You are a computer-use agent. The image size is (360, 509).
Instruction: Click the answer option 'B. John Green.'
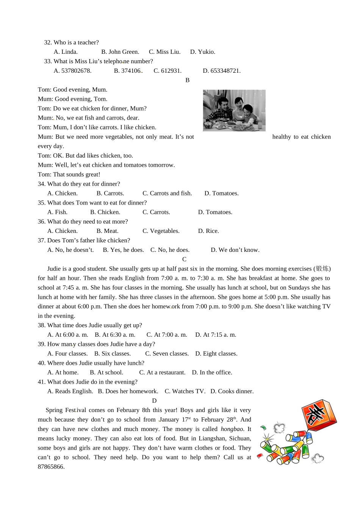point(120,52)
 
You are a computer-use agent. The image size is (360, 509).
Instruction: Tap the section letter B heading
point(187,80)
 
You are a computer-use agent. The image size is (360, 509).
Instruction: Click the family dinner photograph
point(234,110)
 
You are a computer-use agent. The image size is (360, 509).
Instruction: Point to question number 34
point(41,184)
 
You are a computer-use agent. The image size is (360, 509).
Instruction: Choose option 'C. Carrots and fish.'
point(167,194)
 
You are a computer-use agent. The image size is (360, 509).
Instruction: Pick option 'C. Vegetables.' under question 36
point(161,231)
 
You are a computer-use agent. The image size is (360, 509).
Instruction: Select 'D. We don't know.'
point(235,250)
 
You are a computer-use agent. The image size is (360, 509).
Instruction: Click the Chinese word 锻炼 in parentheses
point(322,269)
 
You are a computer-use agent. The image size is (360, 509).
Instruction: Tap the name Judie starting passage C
point(54,269)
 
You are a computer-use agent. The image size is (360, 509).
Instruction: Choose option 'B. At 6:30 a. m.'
point(115,335)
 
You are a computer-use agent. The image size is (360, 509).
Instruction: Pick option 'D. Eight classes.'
point(216,354)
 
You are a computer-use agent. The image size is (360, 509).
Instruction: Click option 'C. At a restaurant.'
point(162,373)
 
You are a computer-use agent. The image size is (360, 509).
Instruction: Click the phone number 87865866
point(51,467)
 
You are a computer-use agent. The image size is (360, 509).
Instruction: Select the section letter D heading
point(154,401)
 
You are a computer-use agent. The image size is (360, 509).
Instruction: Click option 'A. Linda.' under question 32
point(66,52)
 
